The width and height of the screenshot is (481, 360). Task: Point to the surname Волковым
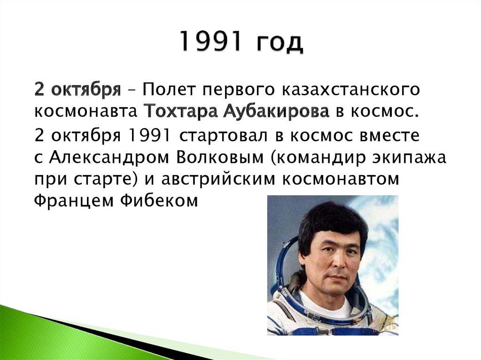click(220, 158)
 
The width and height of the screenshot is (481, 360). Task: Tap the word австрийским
click(218, 180)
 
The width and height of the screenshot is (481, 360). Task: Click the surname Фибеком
click(159, 201)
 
